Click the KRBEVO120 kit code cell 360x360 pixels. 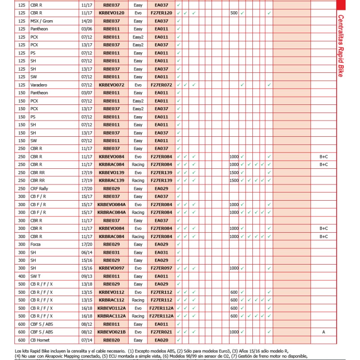[x=111, y=13]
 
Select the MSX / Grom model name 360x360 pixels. [x=41, y=21]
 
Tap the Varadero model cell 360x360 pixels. [x=39, y=85]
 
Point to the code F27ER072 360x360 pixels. [x=162, y=85]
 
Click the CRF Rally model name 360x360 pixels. [x=39, y=189]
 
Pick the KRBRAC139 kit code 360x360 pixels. [x=111, y=180]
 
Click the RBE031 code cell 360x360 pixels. [x=111, y=252]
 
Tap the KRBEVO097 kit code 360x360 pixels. [x=111, y=268]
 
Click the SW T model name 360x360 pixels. [x=36, y=276]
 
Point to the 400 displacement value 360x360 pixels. [x=22, y=276]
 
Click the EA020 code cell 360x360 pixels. [x=162, y=340]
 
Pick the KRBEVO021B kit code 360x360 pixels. [x=111, y=332]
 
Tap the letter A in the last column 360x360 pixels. [x=324, y=332]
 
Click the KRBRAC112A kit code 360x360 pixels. [x=111, y=316]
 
